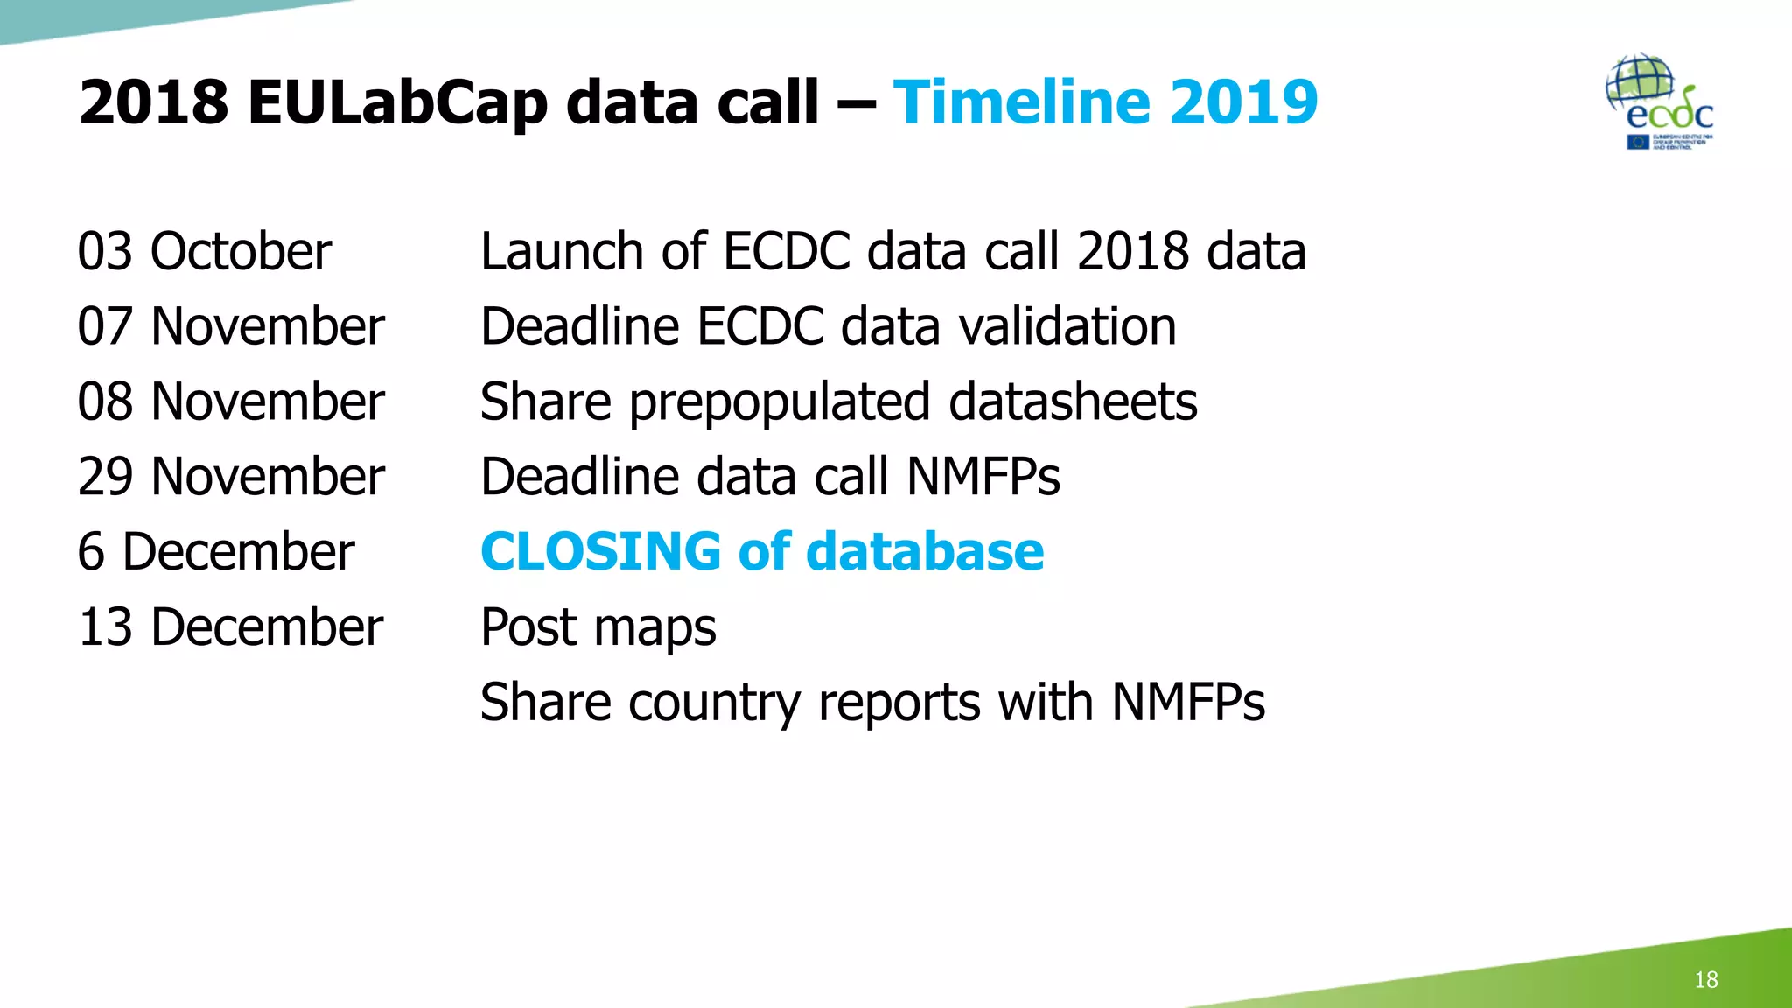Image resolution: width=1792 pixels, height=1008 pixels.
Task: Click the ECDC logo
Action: click(1660, 103)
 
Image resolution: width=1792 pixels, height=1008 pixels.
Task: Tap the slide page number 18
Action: click(1705, 979)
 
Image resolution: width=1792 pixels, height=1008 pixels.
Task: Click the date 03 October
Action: click(204, 252)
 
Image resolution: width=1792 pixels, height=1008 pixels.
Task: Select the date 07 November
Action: click(230, 327)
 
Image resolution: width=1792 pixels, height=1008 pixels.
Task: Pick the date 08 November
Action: click(230, 402)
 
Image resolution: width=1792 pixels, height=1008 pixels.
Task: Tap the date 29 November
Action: click(230, 478)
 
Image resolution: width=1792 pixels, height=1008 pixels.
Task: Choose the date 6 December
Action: click(215, 553)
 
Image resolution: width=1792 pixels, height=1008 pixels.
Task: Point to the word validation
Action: click(1067, 327)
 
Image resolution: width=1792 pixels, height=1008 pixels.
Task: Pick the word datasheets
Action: click(1073, 402)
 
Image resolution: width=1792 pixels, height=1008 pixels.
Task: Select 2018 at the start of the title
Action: click(154, 102)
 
